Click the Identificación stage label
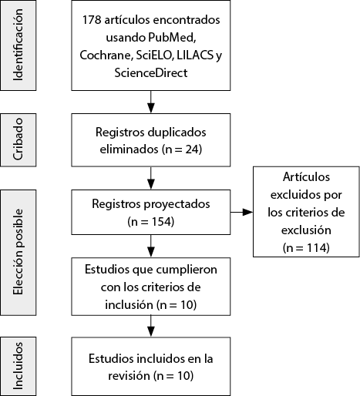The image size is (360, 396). click(x=19, y=45)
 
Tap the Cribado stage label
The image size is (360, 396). click(x=19, y=139)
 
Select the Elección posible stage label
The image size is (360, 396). click(x=19, y=252)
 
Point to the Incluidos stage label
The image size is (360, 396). click(x=19, y=366)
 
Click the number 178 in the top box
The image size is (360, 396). click(x=92, y=20)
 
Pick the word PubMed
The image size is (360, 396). click(x=172, y=38)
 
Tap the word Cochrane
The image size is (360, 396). click(x=106, y=55)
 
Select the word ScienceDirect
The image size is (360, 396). click(x=151, y=72)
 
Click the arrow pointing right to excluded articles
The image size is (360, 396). click(x=241, y=212)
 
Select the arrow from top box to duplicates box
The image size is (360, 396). click(x=151, y=102)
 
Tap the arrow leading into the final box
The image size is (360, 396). click(x=151, y=326)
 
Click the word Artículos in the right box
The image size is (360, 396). click(x=306, y=177)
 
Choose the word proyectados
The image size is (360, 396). click(x=177, y=204)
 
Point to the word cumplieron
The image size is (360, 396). click(x=187, y=270)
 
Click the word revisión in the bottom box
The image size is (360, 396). click(x=129, y=376)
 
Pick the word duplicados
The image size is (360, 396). click(x=177, y=133)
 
